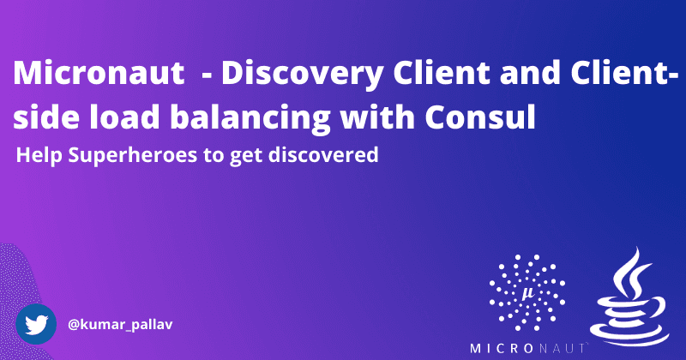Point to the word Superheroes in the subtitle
point(115,157)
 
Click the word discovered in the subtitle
point(331,157)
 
